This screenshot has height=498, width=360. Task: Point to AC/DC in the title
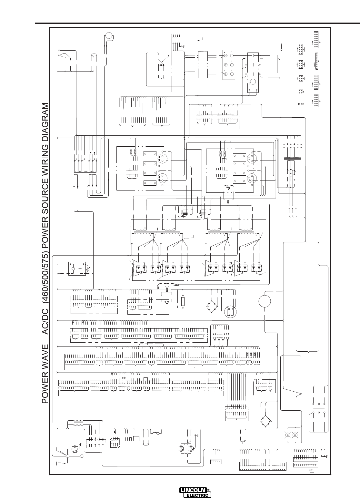tap(45, 325)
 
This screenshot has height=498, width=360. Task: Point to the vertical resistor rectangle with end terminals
tap(183, 301)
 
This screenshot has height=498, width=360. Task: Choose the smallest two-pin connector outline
tap(301, 104)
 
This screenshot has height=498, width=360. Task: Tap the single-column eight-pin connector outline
tap(316, 61)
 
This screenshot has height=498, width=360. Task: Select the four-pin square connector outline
tap(301, 92)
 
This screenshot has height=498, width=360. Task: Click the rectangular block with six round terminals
tap(229, 65)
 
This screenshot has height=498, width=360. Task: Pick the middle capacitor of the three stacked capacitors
tap(253, 65)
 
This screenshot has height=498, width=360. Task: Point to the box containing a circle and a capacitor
tap(77, 269)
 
